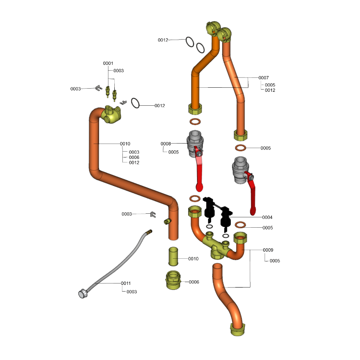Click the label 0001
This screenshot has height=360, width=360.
click(108, 63)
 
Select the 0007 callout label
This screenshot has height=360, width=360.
click(263, 78)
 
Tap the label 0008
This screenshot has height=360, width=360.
click(166, 144)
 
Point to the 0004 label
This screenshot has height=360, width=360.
click(267, 217)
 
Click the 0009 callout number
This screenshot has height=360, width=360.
click(268, 250)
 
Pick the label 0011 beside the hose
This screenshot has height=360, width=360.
click(126, 283)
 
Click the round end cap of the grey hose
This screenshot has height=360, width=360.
click(83, 294)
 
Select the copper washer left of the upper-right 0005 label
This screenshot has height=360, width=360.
click(241, 148)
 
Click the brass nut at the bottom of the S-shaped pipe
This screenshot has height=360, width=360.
click(237, 330)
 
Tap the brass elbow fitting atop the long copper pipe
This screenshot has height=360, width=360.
click(110, 114)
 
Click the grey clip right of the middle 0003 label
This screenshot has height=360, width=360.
click(153, 214)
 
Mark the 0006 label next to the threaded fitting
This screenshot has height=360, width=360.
click(194, 282)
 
